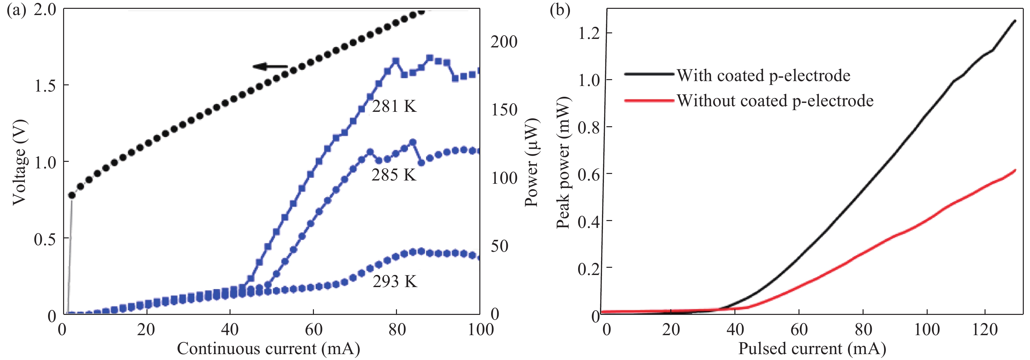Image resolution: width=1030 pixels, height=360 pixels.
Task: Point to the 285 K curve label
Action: point(394,175)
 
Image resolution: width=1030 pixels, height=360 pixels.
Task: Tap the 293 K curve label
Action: point(395,281)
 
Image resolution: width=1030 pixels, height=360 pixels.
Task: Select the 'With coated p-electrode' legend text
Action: point(763,75)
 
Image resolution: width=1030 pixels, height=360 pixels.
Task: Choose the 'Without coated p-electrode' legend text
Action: point(775,100)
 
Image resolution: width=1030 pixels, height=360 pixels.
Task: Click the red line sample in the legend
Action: point(649,100)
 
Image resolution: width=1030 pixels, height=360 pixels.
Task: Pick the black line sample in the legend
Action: point(649,74)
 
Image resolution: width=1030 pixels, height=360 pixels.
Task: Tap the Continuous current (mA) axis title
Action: point(268,349)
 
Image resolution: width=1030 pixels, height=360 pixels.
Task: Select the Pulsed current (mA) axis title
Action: point(812,349)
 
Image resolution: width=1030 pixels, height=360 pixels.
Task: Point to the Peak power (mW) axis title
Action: point(563,162)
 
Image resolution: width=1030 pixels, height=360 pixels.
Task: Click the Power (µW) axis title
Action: point(531,162)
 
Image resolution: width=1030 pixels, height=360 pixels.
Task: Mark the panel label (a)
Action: point(16,9)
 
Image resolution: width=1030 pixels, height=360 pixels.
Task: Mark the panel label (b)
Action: point(560,9)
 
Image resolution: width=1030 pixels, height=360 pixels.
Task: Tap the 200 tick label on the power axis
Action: point(504,42)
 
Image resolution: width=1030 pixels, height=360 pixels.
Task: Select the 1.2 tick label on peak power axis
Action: point(589,33)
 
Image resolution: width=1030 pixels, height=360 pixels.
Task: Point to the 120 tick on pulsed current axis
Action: point(985,330)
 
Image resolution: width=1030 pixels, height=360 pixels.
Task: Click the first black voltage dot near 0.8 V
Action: point(72,195)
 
